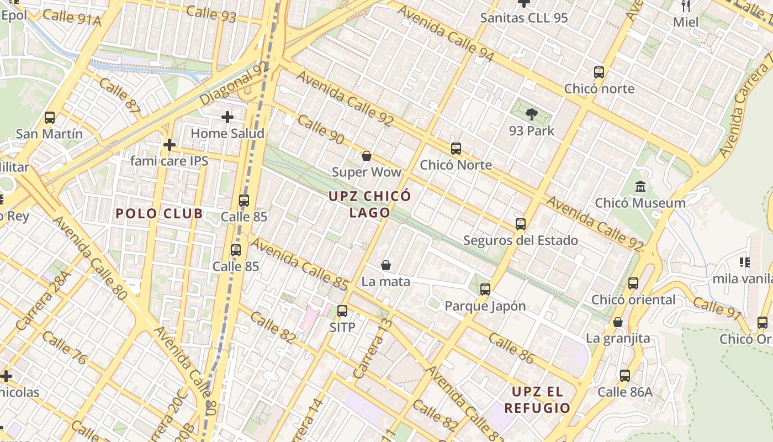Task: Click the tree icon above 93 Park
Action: (x=532, y=114)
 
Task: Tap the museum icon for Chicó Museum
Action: (x=640, y=187)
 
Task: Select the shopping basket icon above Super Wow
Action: (x=366, y=156)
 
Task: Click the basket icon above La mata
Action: (x=386, y=266)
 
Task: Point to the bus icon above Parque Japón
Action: (x=485, y=290)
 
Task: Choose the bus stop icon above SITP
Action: (x=342, y=311)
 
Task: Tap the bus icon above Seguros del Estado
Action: (x=521, y=224)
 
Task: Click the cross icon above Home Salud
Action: (x=227, y=117)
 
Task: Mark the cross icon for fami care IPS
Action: (x=170, y=145)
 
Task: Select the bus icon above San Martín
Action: (x=50, y=118)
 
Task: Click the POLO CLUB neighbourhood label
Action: (x=159, y=214)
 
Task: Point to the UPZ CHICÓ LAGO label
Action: (x=370, y=204)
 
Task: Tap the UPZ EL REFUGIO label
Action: (x=537, y=400)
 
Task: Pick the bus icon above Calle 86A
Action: (x=625, y=376)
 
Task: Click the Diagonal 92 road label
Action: (x=234, y=84)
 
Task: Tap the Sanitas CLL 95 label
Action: (x=523, y=18)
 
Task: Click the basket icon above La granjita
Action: (x=618, y=322)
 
